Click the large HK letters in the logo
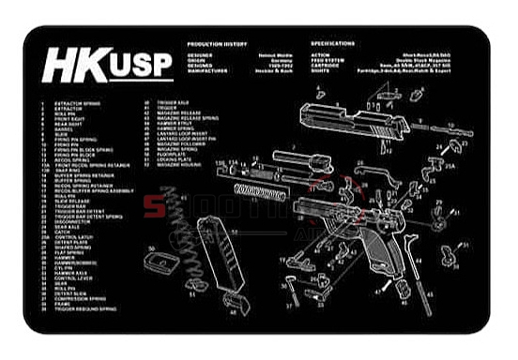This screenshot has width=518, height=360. [72, 67]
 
